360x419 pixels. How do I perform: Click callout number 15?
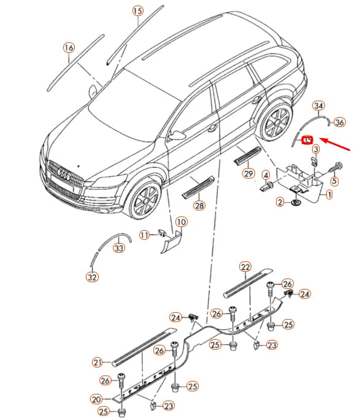137,11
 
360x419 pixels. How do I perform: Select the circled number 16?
69,48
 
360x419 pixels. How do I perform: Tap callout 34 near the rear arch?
318,106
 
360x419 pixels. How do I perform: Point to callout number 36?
340,121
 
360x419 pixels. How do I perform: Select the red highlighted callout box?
308,140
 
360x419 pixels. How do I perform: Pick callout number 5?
334,181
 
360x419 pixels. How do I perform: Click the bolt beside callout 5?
337,166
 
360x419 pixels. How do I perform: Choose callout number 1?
329,195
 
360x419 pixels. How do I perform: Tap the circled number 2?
280,201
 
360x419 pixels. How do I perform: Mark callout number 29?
248,174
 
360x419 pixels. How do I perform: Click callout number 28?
199,206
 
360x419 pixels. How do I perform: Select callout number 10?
181,221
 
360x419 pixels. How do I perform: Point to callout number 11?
144,234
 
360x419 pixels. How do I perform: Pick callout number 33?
119,248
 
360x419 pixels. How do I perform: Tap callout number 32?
92,277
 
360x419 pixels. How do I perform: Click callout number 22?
245,267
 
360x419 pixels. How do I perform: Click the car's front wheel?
145,199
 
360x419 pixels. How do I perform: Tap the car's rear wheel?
274,123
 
